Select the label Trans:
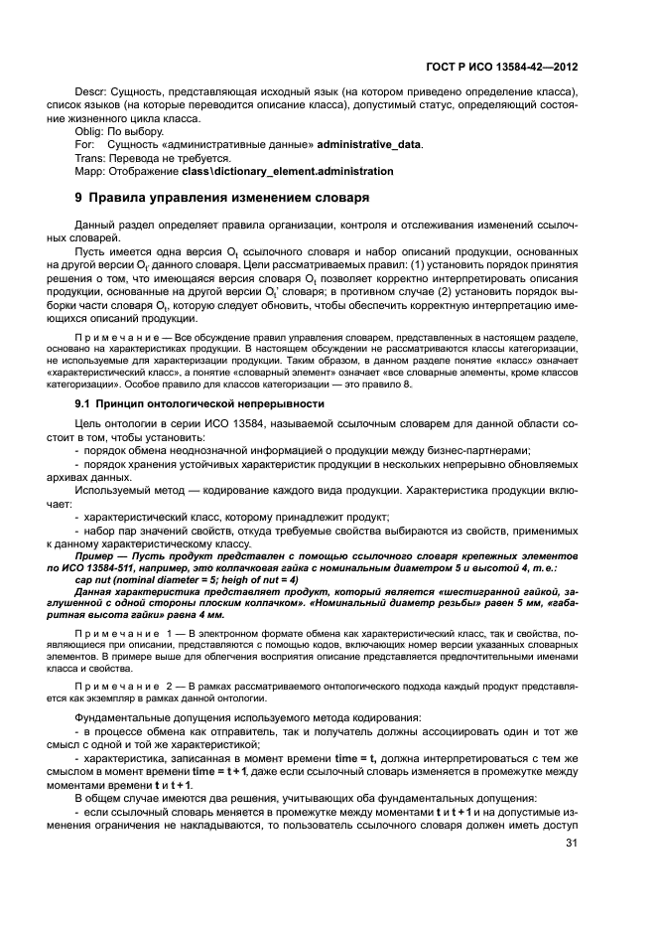click(x=91, y=157)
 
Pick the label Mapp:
click(x=92, y=171)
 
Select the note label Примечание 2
click(x=117, y=685)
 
